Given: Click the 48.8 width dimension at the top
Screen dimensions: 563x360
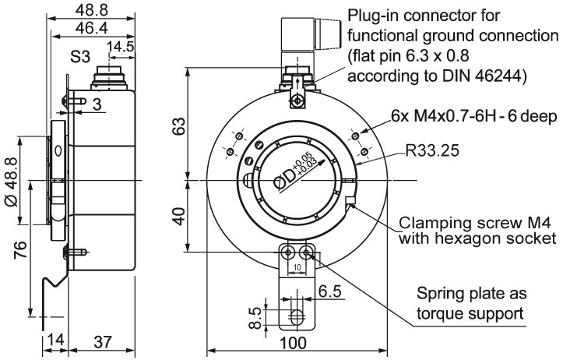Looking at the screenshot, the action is [92, 10].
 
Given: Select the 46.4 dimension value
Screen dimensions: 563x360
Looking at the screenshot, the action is [92, 28].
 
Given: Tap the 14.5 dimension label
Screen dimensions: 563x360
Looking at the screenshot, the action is [121, 47].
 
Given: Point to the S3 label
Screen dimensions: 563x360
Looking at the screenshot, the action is [79, 56].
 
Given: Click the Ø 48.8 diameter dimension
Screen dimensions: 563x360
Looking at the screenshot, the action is [12, 182].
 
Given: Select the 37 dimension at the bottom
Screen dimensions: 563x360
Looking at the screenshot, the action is [103, 341].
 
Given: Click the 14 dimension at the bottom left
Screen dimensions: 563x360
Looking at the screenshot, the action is [55, 340].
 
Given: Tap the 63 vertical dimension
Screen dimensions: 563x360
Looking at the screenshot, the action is [179, 126].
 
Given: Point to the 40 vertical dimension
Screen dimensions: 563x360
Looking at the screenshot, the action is [179, 216].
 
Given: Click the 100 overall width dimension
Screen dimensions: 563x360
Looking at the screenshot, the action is [294, 343].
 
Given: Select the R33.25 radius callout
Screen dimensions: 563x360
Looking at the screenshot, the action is [432, 150].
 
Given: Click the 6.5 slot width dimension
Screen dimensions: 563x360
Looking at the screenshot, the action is [330, 291].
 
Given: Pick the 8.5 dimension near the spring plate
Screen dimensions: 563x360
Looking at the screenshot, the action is [255, 318].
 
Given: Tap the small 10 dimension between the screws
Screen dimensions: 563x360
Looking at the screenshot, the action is [297, 268].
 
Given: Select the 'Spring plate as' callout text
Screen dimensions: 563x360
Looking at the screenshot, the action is [471, 294].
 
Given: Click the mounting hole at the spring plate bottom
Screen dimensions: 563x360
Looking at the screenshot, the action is [297, 316].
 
